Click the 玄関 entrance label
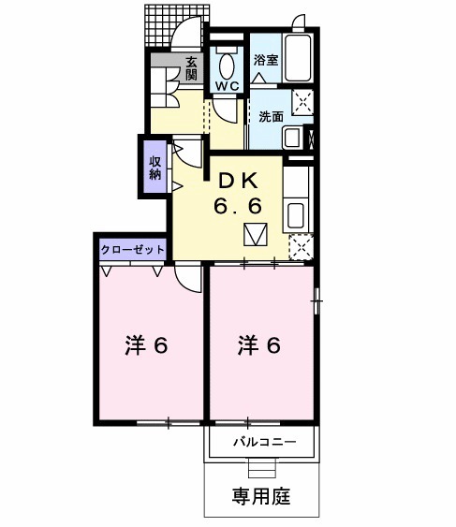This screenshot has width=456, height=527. (x=190, y=68)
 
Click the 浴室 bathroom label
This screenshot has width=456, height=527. (x=266, y=61)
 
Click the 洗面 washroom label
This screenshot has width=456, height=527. (x=271, y=117)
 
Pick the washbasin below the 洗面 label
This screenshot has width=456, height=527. (x=292, y=138)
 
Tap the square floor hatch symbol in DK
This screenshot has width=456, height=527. (x=256, y=235)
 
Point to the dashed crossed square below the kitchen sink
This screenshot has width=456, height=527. (x=302, y=246)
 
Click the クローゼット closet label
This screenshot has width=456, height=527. (x=134, y=250)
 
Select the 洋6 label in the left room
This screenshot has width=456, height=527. (x=146, y=345)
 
